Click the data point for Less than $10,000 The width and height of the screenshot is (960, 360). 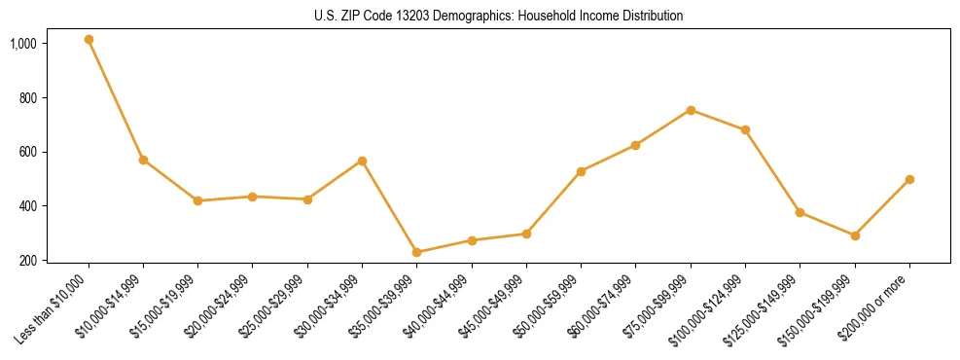89,40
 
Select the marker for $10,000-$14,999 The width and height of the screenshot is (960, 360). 143,160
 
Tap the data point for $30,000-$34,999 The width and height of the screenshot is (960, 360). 362,161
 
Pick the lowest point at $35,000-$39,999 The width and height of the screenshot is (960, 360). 417,252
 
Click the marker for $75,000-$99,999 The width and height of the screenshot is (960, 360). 691,110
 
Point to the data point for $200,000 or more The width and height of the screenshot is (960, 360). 909,179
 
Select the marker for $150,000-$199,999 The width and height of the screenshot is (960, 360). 855,235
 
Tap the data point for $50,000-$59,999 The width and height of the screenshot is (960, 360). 581,171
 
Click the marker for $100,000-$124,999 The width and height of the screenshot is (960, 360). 745,129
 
